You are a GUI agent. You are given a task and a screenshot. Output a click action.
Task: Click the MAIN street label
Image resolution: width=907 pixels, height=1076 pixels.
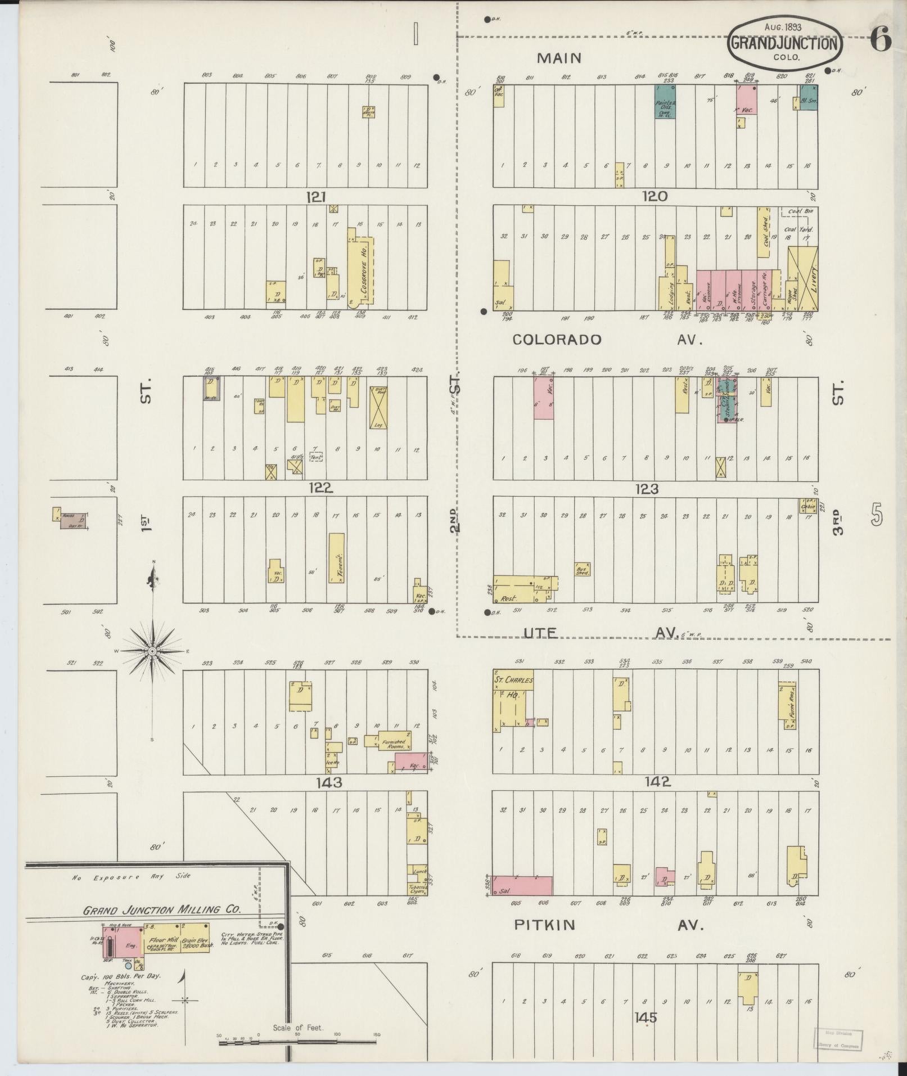559,58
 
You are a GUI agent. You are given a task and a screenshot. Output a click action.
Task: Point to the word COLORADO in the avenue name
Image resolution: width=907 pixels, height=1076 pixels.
557,340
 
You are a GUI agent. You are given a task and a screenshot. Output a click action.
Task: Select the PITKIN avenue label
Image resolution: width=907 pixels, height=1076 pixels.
544,925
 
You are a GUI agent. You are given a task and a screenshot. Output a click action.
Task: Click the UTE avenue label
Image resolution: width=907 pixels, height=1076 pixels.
540,633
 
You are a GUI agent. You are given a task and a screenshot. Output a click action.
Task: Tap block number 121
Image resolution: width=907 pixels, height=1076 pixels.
317,196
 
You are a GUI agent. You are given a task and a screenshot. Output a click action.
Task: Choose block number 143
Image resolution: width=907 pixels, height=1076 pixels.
329,782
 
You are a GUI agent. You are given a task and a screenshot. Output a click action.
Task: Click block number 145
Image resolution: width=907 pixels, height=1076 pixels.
645,1017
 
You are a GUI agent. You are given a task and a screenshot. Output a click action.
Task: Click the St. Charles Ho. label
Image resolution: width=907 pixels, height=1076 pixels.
513,686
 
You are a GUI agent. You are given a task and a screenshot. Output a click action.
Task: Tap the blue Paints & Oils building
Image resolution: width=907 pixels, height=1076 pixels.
665,102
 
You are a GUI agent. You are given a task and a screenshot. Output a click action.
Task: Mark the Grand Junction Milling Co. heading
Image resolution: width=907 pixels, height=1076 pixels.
162,910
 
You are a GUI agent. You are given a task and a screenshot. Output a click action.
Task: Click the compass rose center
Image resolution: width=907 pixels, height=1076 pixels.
152,651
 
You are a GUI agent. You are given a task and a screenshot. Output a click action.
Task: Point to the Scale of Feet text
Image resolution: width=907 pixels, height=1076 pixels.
298,1028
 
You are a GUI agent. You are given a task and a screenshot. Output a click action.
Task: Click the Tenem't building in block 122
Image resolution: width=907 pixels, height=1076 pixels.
337,557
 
